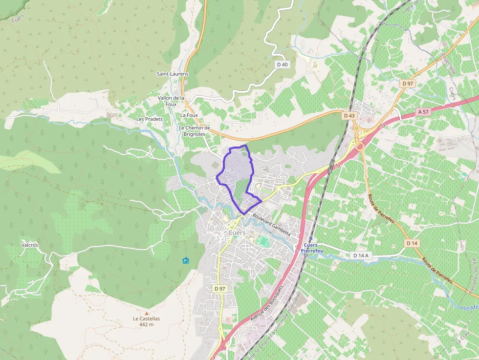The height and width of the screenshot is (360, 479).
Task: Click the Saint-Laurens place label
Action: [x=172, y=74]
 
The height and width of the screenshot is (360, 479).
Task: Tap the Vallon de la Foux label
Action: [x=171, y=101]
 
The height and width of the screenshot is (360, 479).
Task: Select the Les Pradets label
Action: [x=149, y=119]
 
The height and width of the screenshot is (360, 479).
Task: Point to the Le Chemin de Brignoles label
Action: [x=194, y=131]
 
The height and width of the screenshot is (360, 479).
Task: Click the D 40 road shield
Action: [x=282, y=64]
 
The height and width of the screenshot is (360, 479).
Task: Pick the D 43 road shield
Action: [x=349, y=115]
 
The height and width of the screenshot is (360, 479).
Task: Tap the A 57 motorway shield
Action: [x=423, y=111]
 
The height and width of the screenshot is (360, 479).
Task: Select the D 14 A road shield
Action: [x=361, y=255]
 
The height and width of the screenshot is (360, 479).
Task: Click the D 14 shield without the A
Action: [x=412, y=243]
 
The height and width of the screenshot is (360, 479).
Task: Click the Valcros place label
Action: [x=29, y=245]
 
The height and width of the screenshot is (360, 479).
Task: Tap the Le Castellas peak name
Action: [x=146, y=318]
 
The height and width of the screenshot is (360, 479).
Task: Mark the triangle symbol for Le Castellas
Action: [x=146, y=313]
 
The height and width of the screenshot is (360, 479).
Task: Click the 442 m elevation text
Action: [x=146, y=324]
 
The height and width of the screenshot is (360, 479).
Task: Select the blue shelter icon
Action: [x=185, y=260]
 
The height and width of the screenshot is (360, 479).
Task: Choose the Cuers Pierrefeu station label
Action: [x=310, y=248]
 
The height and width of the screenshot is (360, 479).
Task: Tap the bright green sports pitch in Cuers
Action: [x=264, y=241]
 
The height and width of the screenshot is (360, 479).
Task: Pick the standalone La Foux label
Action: [x=189, y=115]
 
